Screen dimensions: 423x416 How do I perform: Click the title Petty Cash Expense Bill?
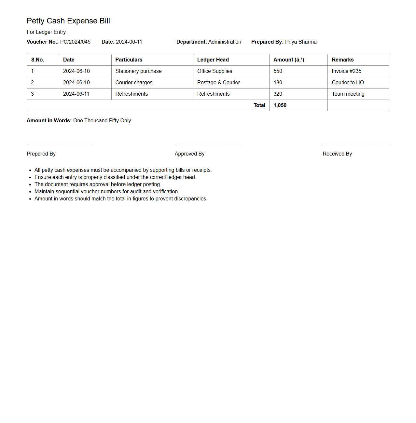(x=68, y=21)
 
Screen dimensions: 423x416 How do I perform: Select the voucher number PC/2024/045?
(x=75, y=42)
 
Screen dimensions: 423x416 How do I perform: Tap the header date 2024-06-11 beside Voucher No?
(x=129, y=42)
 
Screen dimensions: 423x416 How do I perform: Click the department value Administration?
(x=225, y=42)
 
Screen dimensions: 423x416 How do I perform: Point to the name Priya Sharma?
(x=301, y=42)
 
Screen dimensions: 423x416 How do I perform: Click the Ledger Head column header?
(x=213, y=60)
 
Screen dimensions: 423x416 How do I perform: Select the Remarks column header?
(x=342, y=60)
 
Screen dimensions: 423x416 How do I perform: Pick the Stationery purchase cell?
(x=138, y=71)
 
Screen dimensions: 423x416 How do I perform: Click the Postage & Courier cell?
(x=218, y=83)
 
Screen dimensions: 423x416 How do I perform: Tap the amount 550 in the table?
(x=278, y=71)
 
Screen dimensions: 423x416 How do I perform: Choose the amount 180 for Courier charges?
(x=278, y=83)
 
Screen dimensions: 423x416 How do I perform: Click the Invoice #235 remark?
(x=346, y=71)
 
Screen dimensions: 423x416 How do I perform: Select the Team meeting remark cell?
(x=348, y=94)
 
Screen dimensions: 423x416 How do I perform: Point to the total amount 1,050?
(x=280, y=105)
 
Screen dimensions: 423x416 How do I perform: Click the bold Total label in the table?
(x=259, y=105)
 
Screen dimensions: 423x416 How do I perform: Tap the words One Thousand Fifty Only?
(x=102, y=121)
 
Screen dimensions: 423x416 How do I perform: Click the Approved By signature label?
(x=189, y=154)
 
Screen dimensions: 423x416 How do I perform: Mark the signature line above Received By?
(x=356, y=145)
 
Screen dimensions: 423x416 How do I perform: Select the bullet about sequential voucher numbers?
(x=107, y=192)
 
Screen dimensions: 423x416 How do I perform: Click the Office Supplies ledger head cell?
(x=215, y=71)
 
